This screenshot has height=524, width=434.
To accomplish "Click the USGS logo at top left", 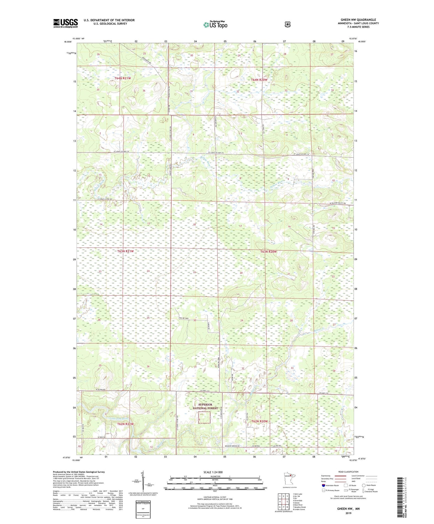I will point(65,23).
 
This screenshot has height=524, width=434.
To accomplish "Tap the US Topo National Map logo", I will point(215,25).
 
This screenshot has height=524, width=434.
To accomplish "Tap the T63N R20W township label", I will point(268,251).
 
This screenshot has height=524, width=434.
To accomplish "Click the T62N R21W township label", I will point(125,424).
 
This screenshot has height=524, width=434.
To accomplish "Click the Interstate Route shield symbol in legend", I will point(323,485).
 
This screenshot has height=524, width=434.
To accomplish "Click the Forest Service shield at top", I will point(287,24).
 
